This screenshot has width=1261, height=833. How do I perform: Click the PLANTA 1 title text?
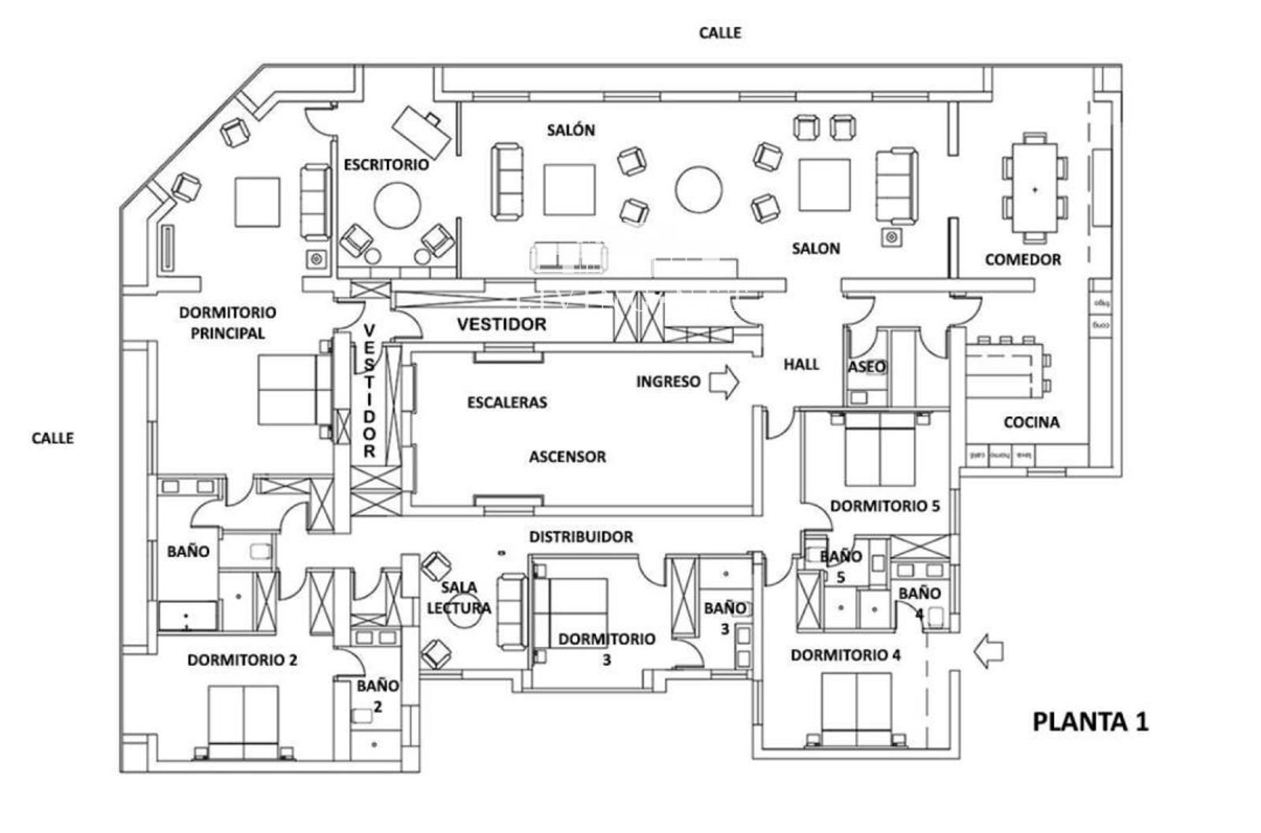click(1090, 721)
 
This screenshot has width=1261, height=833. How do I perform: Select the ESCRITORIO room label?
click(386, 164)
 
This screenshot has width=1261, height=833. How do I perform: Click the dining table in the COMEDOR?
click(1034, 189)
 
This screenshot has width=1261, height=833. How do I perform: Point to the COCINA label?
click(1031, 422)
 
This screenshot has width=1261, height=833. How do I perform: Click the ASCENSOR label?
click(567, 456)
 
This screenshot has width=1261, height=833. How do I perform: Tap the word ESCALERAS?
click(507, 402)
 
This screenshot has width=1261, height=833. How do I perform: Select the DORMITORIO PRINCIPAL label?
click(227, 323)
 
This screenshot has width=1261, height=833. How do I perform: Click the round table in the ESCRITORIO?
click(396, 204)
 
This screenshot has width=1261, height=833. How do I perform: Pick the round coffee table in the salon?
click(698, 189)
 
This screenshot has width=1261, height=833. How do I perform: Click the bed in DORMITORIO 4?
click(857, 708)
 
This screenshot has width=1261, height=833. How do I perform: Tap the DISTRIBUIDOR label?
click(580, 536)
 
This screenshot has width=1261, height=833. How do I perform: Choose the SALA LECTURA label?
click(464, 597)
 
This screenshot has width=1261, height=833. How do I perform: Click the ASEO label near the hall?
click(866, 367)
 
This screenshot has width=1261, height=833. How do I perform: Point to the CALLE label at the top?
click(720, 32)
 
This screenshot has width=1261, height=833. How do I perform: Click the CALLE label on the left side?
click(53, 438)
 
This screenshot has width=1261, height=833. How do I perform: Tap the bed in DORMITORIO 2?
click(244, 719)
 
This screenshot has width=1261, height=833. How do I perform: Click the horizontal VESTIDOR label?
click(501, 323)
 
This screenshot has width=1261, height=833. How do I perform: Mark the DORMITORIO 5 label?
click(884, 506)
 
